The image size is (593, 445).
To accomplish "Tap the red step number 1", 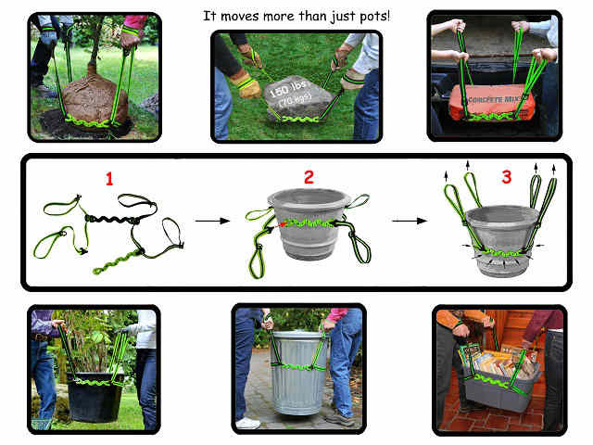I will point(108,178).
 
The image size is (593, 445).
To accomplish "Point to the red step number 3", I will point(505,176).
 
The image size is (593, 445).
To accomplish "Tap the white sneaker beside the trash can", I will point(247,423).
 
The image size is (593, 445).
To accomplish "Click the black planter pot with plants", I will point(92,394).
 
